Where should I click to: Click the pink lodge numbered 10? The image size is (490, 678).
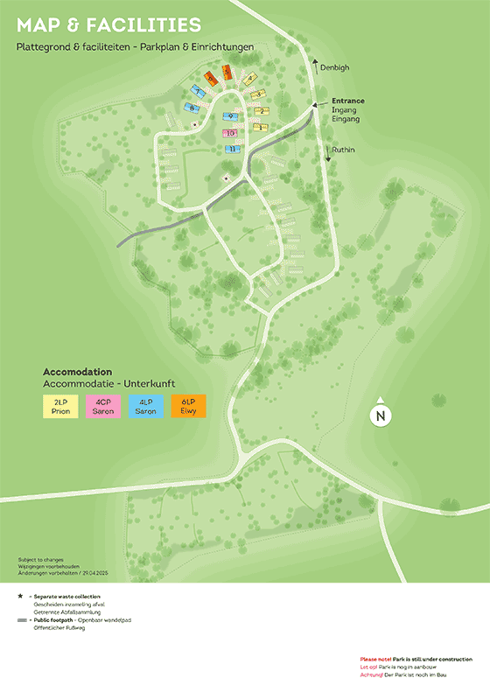click(x=229, y=134)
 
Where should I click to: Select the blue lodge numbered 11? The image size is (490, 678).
click(x=232, y=149)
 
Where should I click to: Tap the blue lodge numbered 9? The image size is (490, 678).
click(x=230, y=116)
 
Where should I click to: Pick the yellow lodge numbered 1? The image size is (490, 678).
click(x=259, y=127)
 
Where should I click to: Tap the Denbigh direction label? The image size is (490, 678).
click(x=334, y=66)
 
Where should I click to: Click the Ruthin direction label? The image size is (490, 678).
click(x=343, y=150)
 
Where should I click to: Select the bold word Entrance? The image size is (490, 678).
click(x=347, y=101)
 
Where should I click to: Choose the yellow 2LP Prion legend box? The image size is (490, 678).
click(x=60, y=406)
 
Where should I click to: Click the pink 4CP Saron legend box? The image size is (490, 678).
click(x=103, y=406)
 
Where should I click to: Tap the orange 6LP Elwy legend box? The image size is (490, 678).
click(x=188, y=406)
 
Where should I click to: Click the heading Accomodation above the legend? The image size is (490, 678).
click(x=78, y=371)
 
